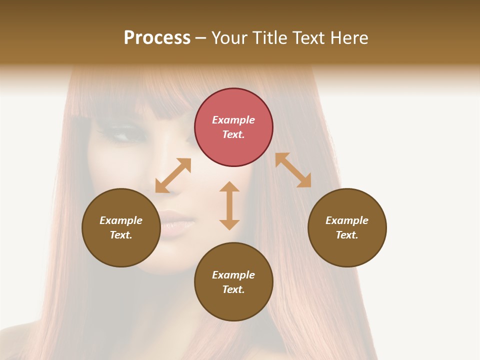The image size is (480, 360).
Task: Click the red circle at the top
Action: tap(233, 127)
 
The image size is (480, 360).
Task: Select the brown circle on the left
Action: tap(121, 227)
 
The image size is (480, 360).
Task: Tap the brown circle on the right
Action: tap(347, 227)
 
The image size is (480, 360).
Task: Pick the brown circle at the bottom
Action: tap(233, 282)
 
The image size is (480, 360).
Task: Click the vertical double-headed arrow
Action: tap(229, 205)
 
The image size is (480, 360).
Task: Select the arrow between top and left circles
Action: tap(173, 175)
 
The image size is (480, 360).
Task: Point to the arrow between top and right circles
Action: tap(293, 170)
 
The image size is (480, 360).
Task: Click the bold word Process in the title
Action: tap(157, 37)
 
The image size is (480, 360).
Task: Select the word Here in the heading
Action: tap(350, 37)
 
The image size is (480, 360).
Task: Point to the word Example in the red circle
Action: tap(233, 120)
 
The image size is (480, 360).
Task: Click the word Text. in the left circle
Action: tap(121, 235)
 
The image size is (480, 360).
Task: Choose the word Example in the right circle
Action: tap(347, 220)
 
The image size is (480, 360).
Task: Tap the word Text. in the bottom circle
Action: tap(233, 289)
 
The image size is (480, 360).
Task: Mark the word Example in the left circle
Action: tap(121, 220)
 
